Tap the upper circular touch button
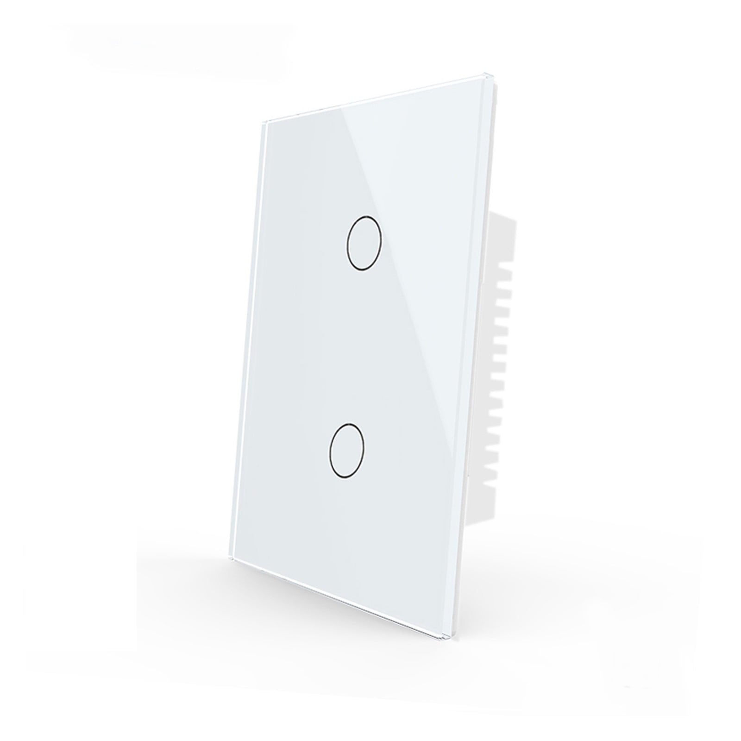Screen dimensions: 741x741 pos(364,242)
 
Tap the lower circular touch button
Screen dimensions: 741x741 pos(346,438)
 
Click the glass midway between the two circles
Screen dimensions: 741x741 pos(355,340)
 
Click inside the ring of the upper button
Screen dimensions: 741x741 pos(364,242)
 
